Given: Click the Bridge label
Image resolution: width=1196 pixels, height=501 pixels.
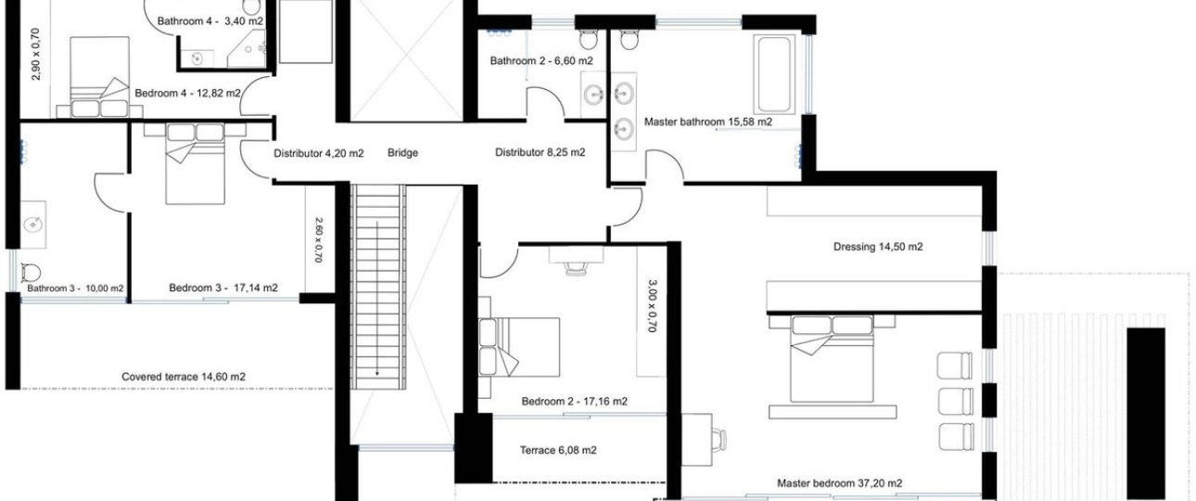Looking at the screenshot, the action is point(402,153).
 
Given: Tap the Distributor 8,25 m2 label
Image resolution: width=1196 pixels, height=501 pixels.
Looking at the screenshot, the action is point(540,153).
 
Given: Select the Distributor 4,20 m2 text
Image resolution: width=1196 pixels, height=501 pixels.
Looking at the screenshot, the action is point(319,154).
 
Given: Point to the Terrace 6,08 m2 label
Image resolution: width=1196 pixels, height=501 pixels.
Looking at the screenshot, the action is point(558,450).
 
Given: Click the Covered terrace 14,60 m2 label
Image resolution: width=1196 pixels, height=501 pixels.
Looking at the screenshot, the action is point(184,377).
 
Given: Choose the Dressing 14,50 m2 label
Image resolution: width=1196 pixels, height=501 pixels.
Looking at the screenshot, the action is point(878,247).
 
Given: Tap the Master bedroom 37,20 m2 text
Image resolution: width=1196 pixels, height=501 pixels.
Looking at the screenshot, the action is point(839,483).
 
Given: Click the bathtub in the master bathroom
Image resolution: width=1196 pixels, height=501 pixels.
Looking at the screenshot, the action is point(773,74).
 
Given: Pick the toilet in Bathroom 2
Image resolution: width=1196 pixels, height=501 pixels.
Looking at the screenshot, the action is point(589,38).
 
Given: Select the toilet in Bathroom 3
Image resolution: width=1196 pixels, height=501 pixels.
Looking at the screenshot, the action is point(31,273).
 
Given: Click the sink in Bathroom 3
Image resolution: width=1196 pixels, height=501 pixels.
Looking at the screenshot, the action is point(33,225).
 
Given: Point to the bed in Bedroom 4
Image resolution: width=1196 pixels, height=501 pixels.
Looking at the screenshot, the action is point(100,76).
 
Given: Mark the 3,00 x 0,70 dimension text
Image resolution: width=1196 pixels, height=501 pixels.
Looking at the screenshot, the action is point(652,306).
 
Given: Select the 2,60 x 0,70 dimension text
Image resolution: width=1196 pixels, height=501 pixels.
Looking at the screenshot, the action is point(318,239).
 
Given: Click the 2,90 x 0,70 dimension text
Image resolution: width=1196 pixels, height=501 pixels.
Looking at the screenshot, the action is point(36,55).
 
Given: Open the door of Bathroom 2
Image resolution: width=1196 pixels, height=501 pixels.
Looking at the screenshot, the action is point(544,103).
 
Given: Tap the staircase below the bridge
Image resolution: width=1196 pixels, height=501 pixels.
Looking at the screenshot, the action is point(378,287).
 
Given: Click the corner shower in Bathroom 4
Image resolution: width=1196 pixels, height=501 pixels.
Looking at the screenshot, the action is point(248,49).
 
